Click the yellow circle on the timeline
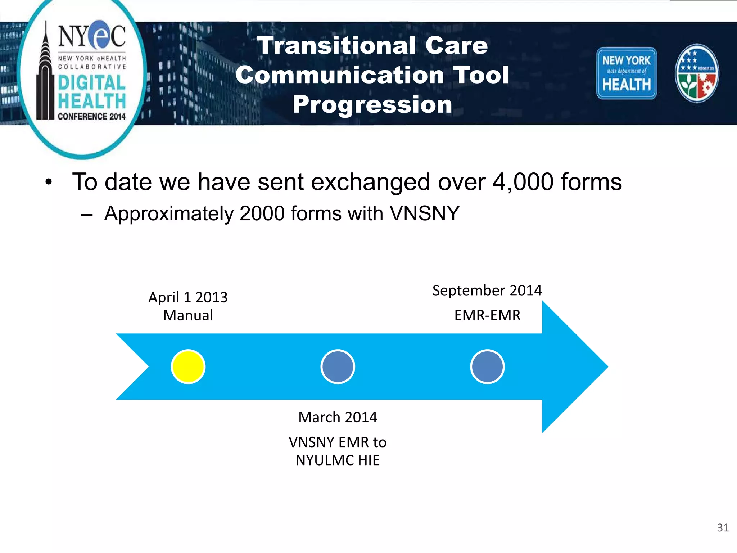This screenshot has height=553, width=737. (188, 367)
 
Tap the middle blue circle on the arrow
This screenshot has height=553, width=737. (338, 367)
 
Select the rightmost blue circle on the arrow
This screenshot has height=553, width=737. (487, 367)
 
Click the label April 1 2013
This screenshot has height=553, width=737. (188, 297)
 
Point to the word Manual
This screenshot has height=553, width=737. (188, 315)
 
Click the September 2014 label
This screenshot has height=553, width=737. (487, 290)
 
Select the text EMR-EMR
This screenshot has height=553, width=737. (487, 315)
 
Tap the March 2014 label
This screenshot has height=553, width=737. (338, 417)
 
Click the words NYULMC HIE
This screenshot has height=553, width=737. (338, 460)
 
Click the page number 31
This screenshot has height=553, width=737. (723, 528)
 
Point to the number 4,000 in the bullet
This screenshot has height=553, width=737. (523, 182)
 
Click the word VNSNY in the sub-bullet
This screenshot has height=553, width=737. (425, 213)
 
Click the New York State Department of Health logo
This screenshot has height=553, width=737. (626, 73)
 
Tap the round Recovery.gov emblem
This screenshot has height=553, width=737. (697, 73)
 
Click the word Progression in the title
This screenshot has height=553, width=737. (372, 105)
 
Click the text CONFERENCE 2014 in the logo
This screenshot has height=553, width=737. (91, 116)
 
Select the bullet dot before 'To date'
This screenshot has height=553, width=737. (49, 182)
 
